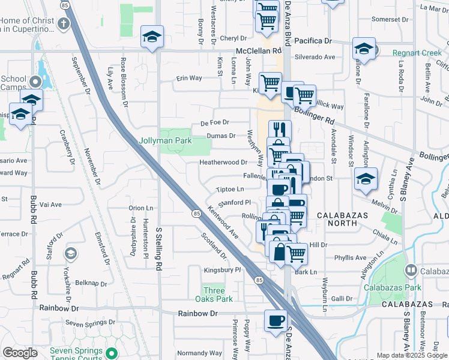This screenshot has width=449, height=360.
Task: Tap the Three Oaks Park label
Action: [x=213, y=294]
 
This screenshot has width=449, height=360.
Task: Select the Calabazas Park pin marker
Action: [x=410, y=271]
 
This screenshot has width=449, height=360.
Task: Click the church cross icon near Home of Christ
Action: [x=63, y=25]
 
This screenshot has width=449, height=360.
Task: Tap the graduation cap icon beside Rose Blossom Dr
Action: [x=152, y=37]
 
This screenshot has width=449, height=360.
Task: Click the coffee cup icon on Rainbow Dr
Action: [x=276, y=320]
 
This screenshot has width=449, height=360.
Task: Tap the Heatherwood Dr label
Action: [x=223, y=162]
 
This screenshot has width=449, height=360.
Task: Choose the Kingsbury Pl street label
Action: [x=221, y=270]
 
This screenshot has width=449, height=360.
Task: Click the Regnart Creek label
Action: [x=417, y=53]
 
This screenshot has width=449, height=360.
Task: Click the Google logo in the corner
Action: [x=20, y=353]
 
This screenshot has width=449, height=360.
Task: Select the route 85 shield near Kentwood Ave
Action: [x=196, y=213]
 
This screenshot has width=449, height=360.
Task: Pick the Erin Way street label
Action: [x=188, y=78]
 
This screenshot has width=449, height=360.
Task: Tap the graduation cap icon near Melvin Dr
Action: [x=366, y=179]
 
